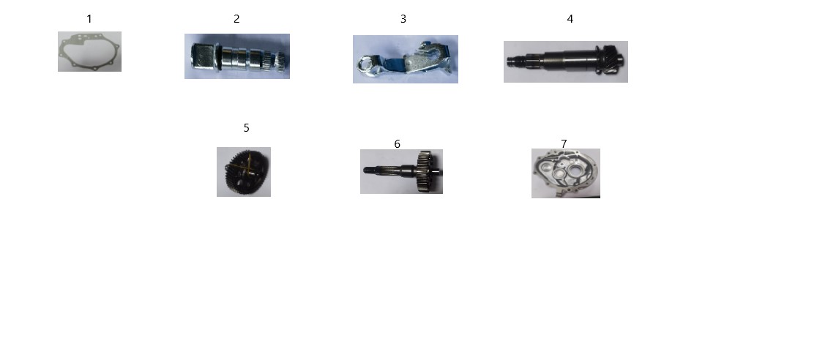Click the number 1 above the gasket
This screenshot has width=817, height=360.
[x=89, y=19]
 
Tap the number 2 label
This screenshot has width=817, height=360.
[x=236, y=19]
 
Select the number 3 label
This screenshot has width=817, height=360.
[x=403, y=19]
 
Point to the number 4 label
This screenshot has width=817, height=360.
[x=570, y=19]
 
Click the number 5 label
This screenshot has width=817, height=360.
[x=247, y=127]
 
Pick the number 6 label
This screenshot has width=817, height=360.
[x=397, y=144]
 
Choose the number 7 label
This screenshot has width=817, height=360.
[x=564, y=143]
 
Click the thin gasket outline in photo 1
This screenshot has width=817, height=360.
[x=62, y=52]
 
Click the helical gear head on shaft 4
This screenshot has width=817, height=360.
[x=612, y=60]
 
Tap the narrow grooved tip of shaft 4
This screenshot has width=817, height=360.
[x=517, y=61]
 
